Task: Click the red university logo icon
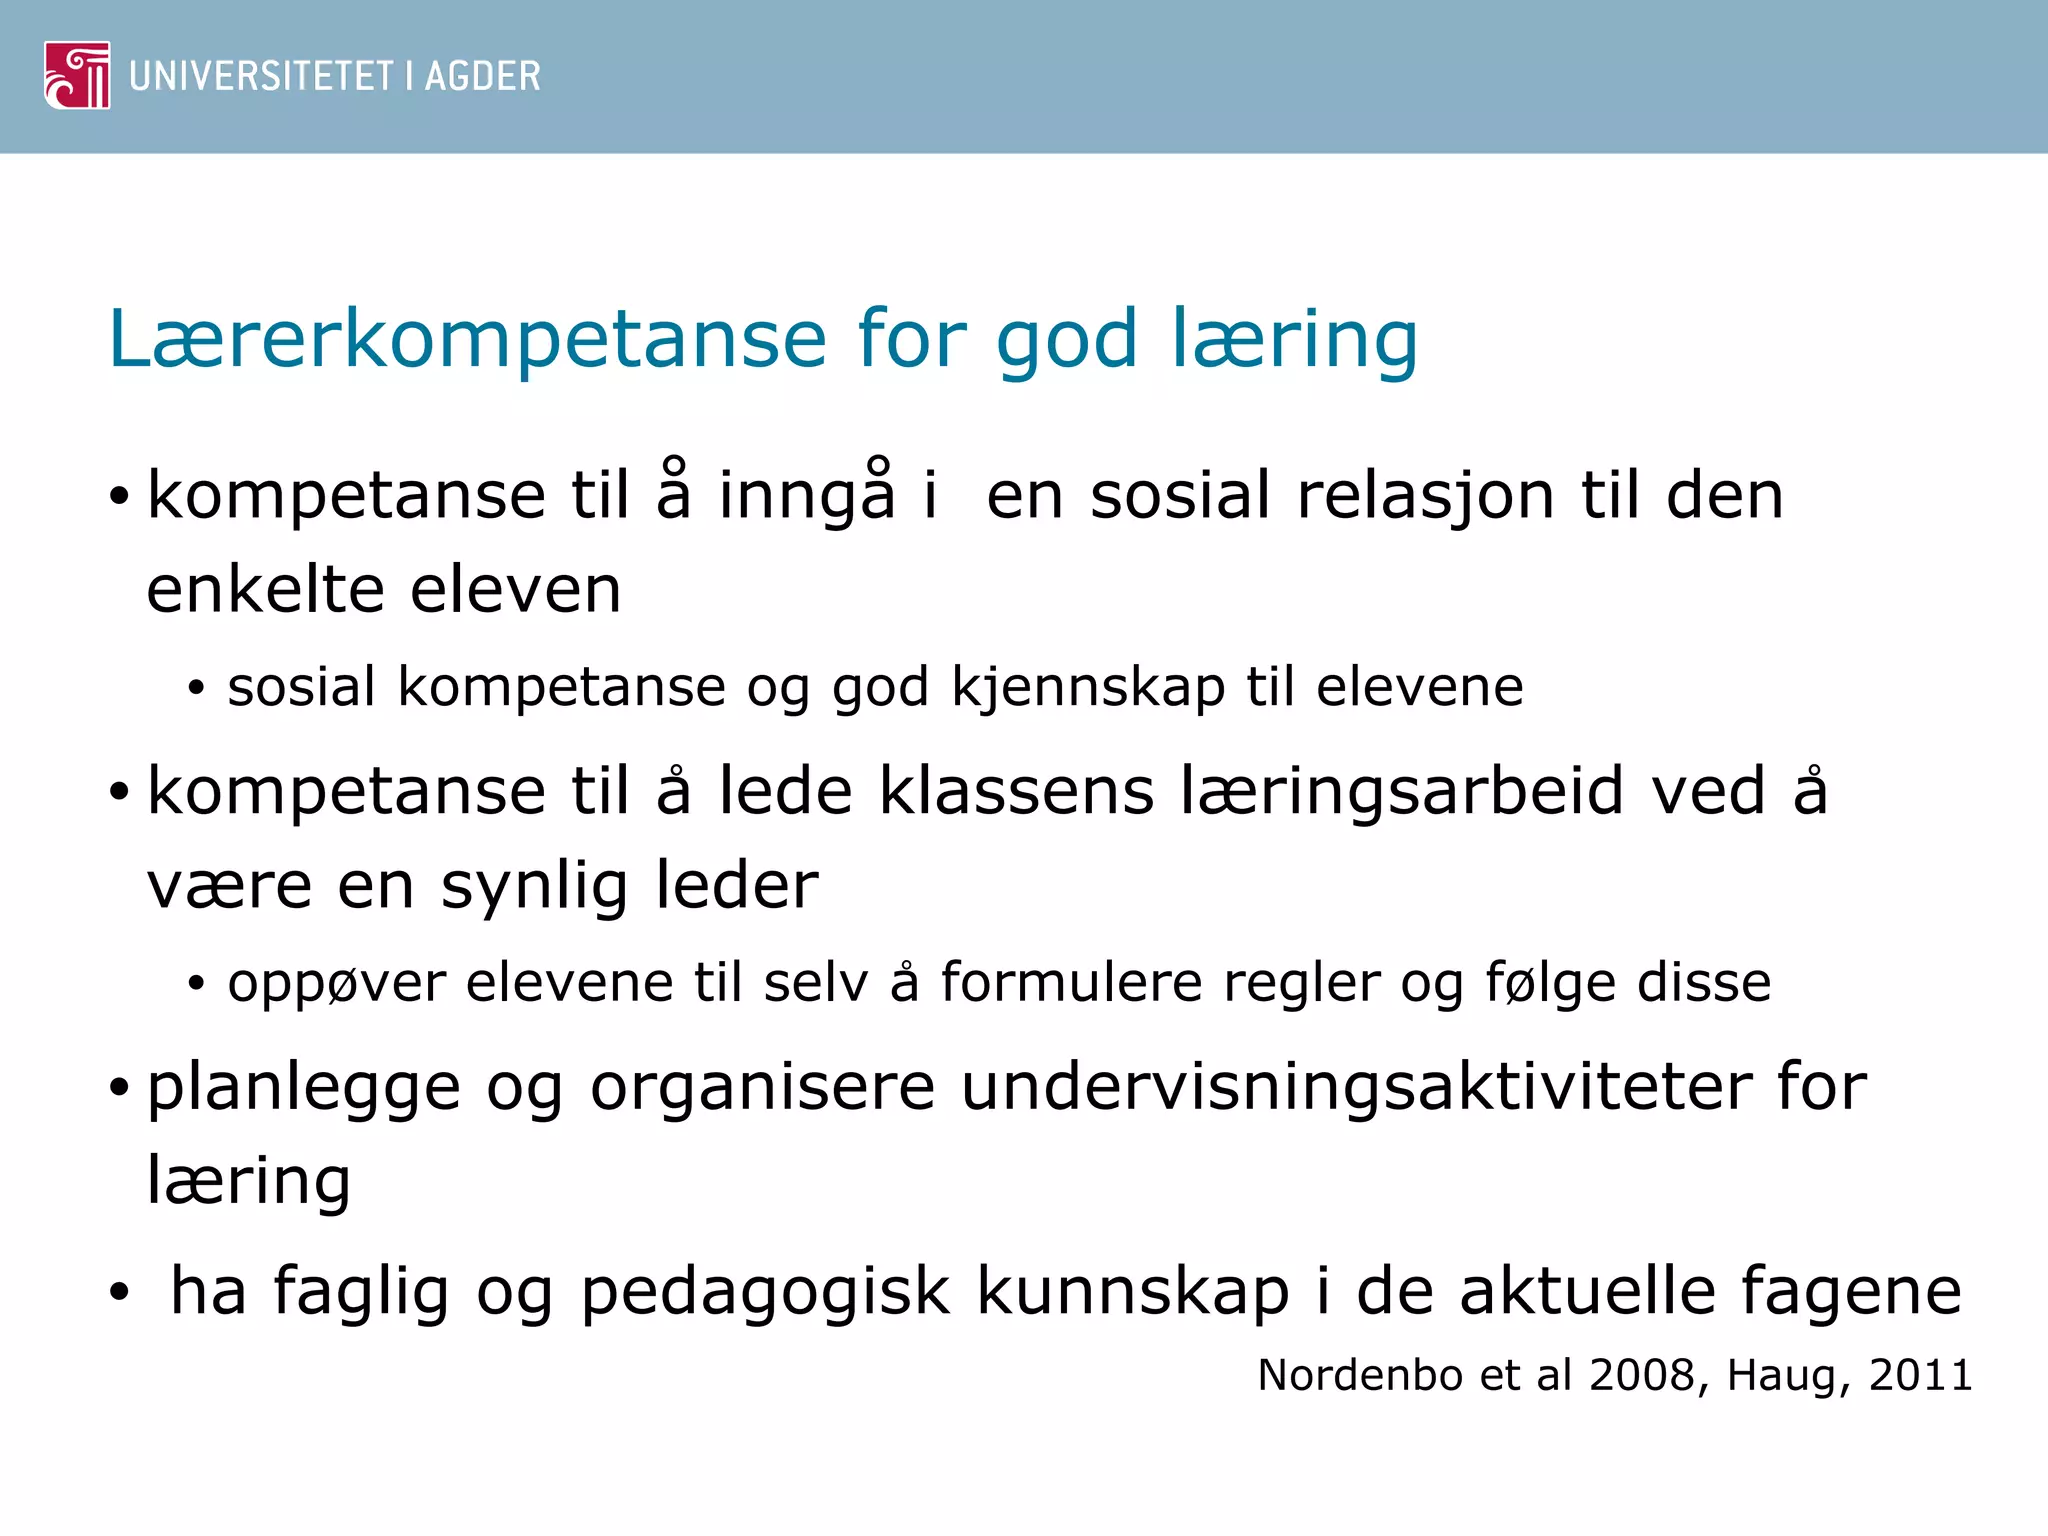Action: pyautogui.click(x=77, y=75)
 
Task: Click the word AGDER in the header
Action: pyautogui.click(x=482, y=76)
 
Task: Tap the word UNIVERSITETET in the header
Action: pyautogui.click(x=261, y=76)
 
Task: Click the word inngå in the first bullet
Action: pyautogui.click(x=807, y=495)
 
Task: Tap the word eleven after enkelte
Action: pyautogui.click(x=516, y=589)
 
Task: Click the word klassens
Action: pyautogui.click(x=1016, y=791)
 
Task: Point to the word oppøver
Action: pyautogui.click(x=336, y=984)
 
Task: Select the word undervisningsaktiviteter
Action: pyautogui.click(x=1355, y=1087)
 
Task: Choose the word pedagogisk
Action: pyautogui.click(x=765, y=1292)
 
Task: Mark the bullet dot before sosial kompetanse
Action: pyautogui.click(x=196, y=688)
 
